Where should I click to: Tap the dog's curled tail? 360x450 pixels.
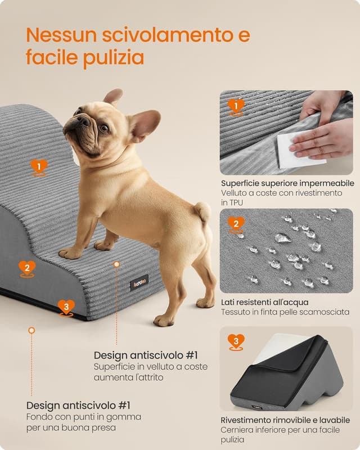pos(202,212)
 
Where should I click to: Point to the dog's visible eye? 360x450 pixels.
pos(103,128)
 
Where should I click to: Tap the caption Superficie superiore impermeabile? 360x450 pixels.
pos(287,183)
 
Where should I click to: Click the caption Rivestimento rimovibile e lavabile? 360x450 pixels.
pos(285,420)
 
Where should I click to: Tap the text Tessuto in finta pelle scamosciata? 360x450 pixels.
pos(285,312)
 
